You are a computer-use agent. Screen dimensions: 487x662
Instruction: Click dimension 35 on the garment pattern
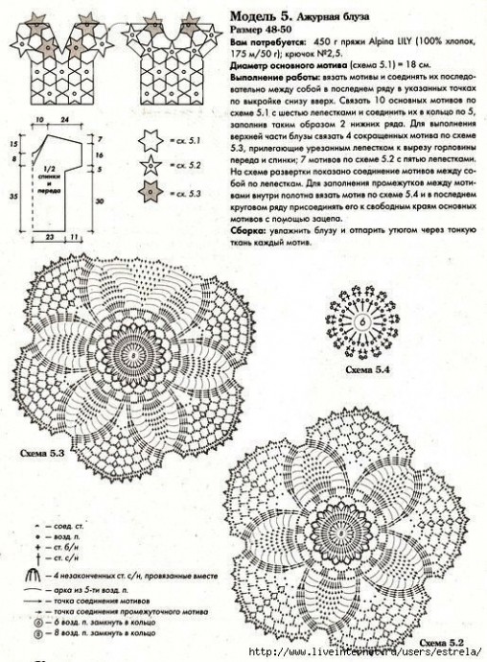(13, 195)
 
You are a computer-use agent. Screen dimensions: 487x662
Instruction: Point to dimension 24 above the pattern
(64, 121)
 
